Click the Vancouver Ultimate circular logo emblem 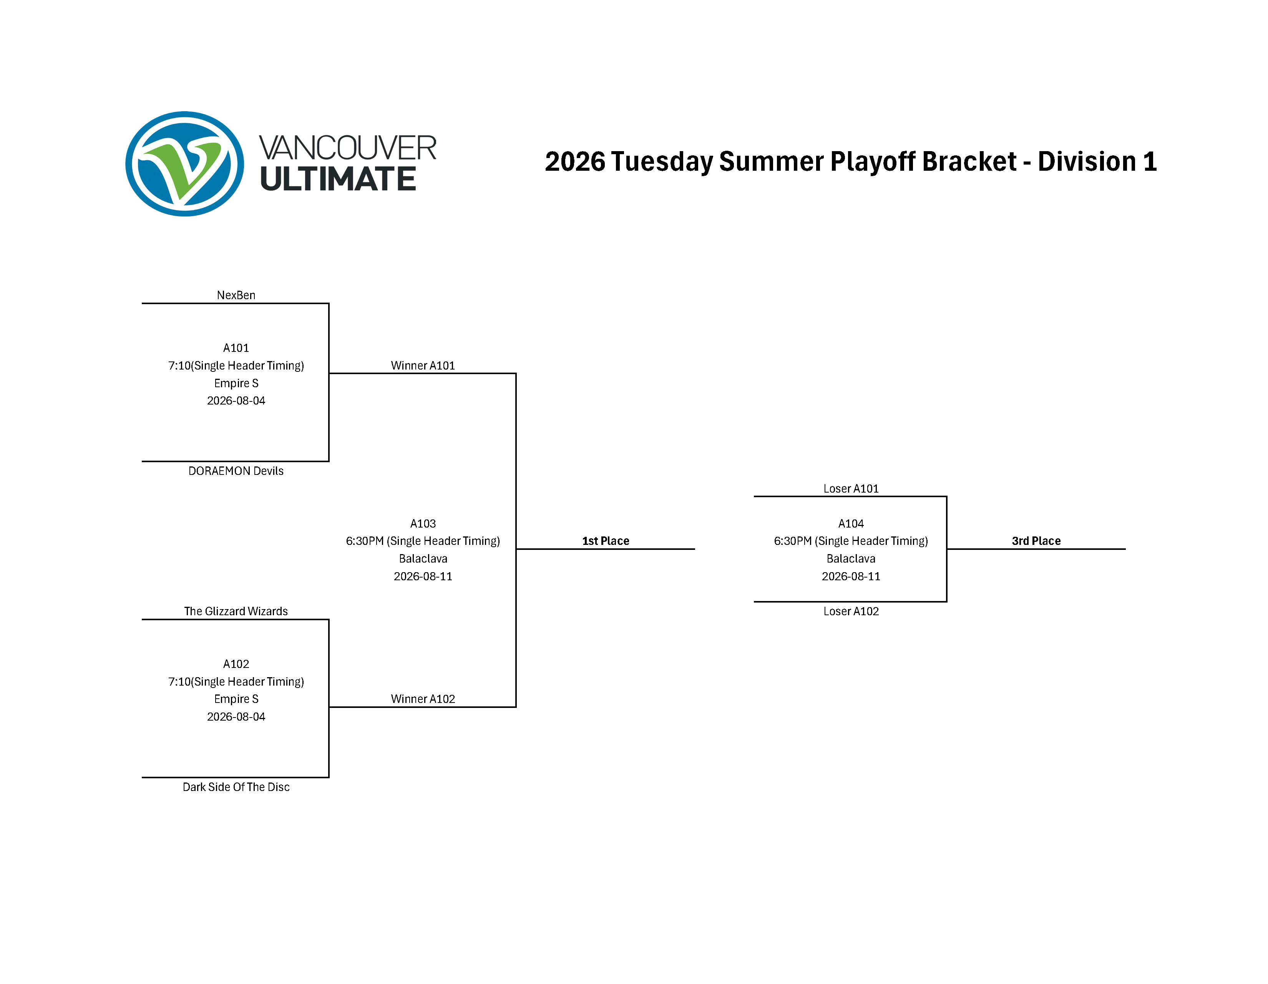(x=184, y=164)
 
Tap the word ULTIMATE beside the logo (x=338, y=179)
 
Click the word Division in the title (x=1086, y=162)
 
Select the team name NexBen (x=236, y=295)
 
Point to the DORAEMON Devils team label (x=236, y=471)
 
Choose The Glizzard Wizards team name (x=236, y=611)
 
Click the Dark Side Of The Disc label (x=236, y=787)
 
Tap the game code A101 (x=236, y=348)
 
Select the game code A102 (x=236, y=664)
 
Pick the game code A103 (x=423, y=523)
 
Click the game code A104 (x=851, y=523)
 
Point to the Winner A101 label (x=423, y=365)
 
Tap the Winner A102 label (x=423, y=699)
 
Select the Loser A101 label (x=851, y=488)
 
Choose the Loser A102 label (x=851, y=611)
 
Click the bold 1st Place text (x=606, y=541)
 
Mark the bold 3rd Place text (x=1036, y=541)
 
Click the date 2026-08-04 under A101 (x=236, y=401)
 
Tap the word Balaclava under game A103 (x=423, y=559)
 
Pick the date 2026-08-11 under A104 (x=851, y=576)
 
